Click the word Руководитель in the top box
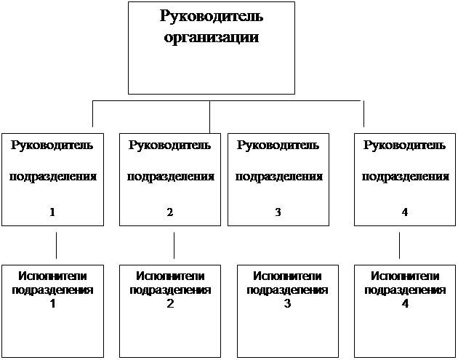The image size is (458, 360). click(212, 17)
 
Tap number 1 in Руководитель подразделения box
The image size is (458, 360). click(52, 212)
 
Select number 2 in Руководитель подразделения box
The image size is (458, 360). click(170, 212)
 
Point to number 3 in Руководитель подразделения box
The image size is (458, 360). click(278, 212)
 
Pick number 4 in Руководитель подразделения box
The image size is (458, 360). click(404, 212)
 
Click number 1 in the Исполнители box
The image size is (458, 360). click(52, 304)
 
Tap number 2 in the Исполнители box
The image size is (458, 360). click(170, 304)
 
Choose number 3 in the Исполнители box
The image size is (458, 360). click(287, 304)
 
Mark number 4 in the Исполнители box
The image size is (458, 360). click(405, 304)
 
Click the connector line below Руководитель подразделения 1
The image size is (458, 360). click(57, 246)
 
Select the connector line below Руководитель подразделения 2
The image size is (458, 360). click(174, 246)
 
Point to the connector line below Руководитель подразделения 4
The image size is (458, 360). click(399, 246)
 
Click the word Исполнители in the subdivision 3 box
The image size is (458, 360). click(287, 276)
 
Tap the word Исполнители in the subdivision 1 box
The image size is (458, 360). click(52, 276)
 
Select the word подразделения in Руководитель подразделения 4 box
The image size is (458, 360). click(406, 177)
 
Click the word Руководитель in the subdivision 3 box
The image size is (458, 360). click(278, 145)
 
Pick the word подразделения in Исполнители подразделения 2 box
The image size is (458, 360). click(170, 290)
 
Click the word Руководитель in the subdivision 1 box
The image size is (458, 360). click(52, 145)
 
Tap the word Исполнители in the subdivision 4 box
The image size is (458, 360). click(405, 276)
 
